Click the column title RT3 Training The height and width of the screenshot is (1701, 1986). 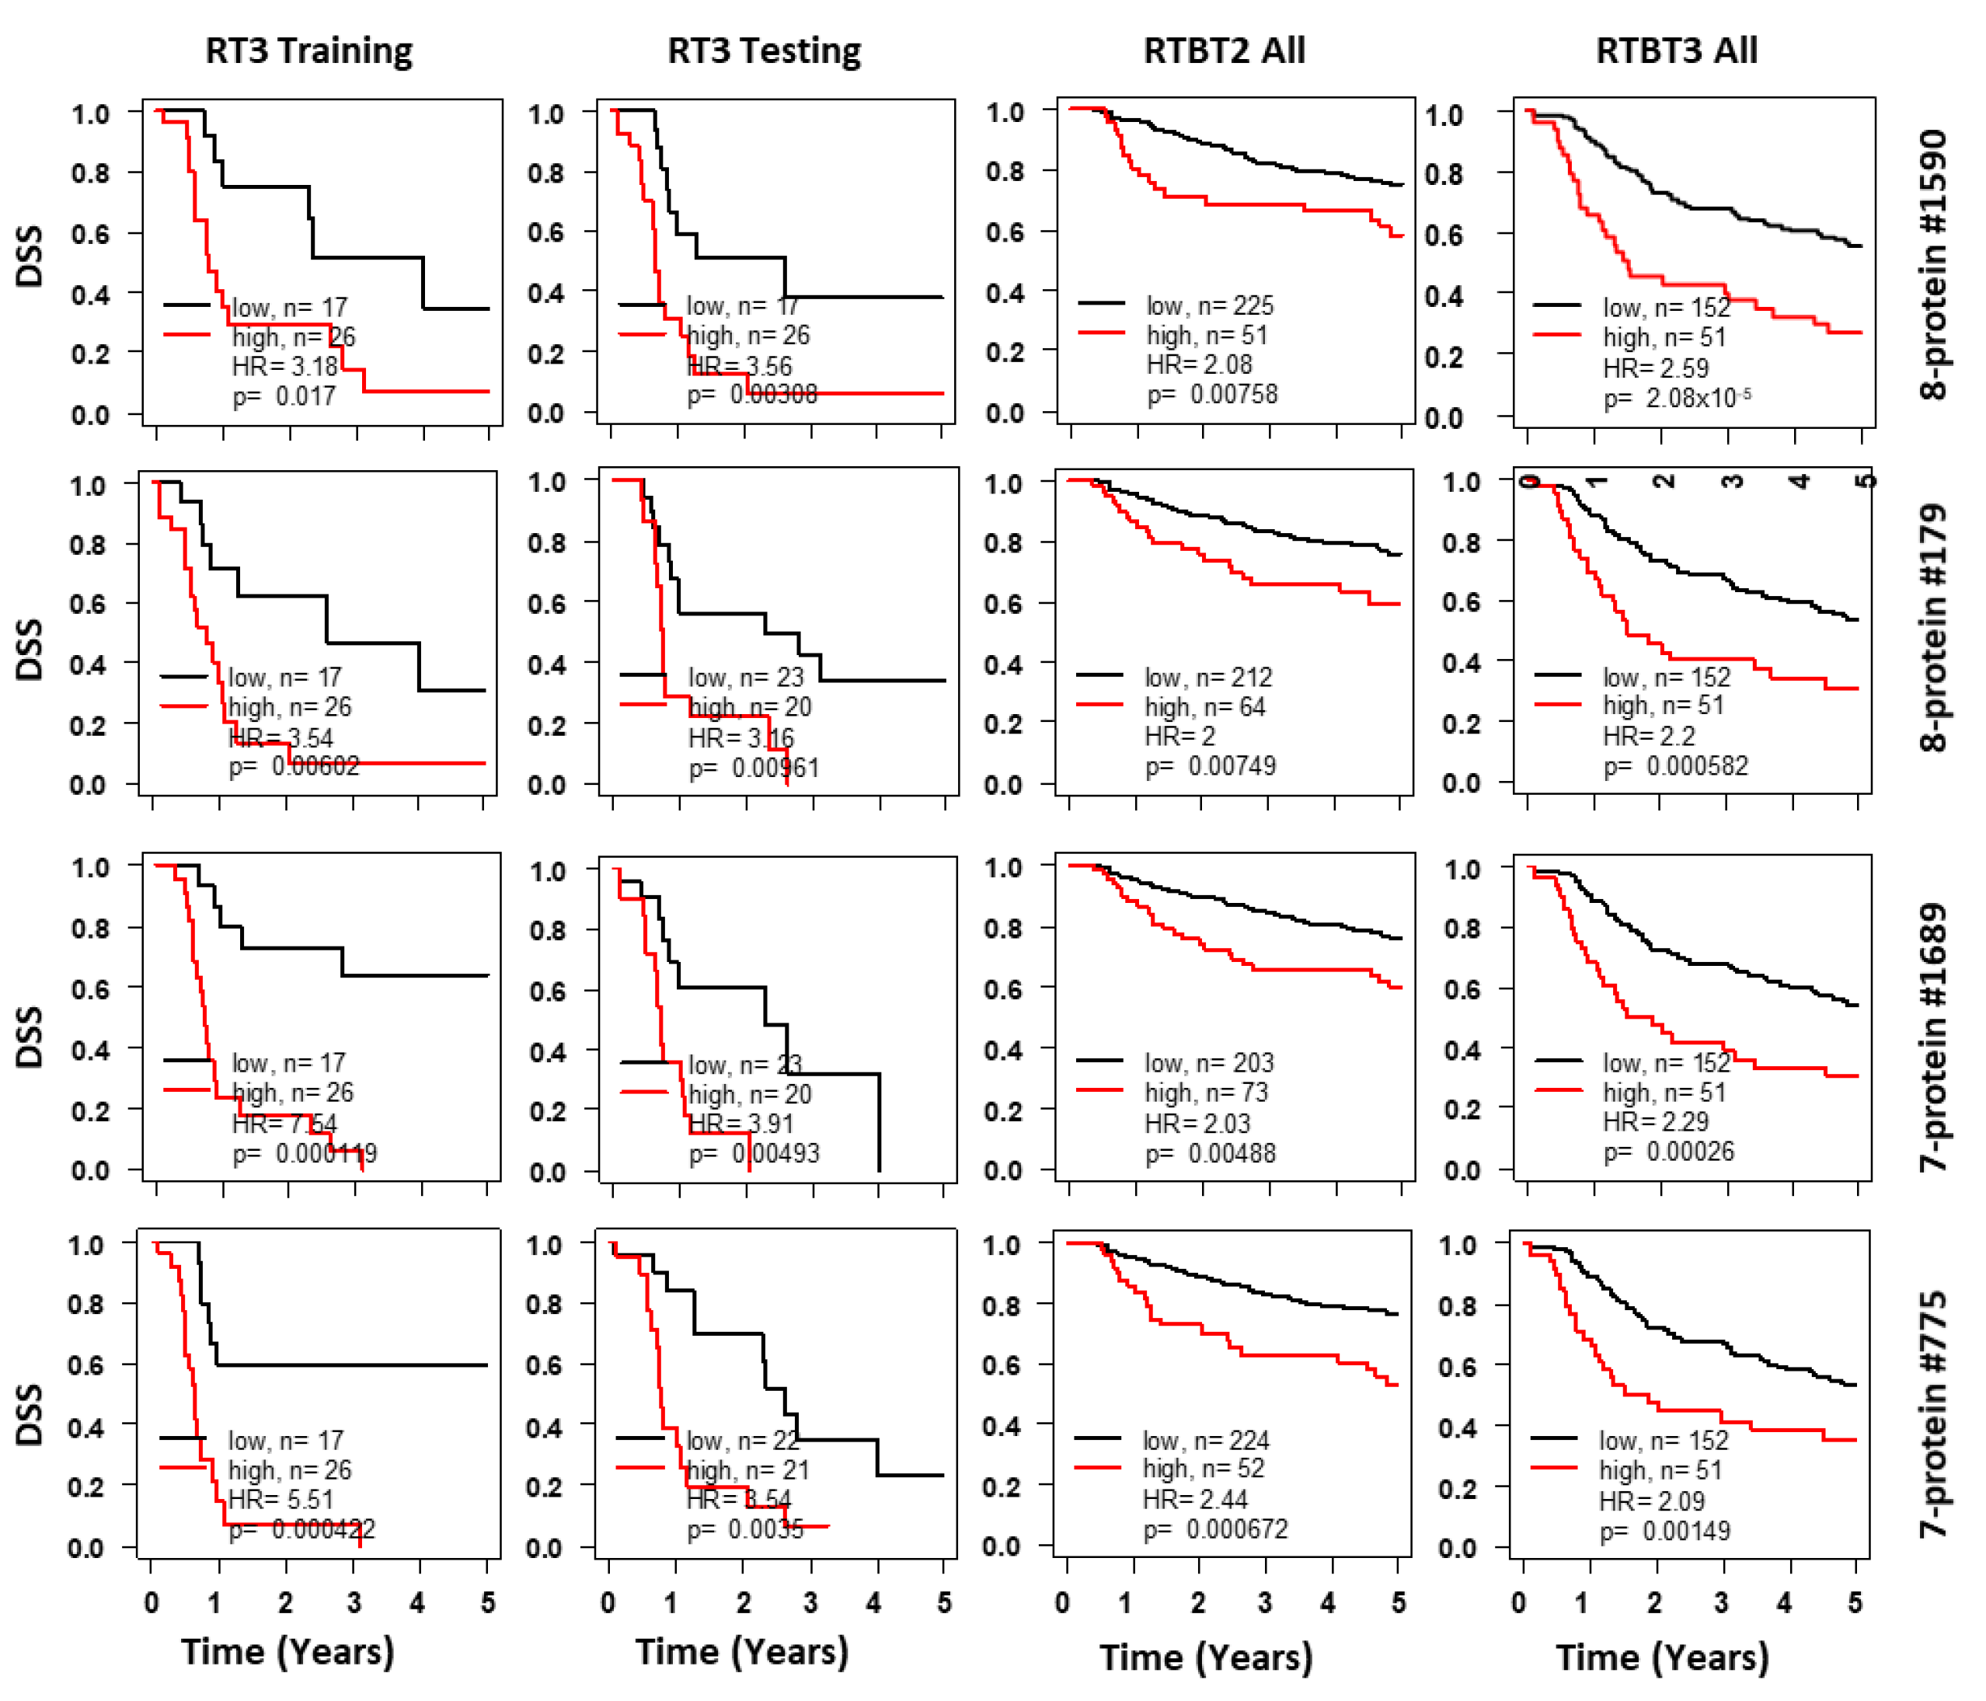tap(308, 50)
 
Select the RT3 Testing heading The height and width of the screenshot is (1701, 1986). tap(764, 50)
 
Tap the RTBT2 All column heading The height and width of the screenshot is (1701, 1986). tap(1224, 50)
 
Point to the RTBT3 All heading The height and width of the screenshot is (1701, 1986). tap(1677, 50)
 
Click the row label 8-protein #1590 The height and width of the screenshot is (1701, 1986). tap(1934, 263)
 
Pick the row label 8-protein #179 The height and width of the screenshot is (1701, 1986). tap(1934, 628)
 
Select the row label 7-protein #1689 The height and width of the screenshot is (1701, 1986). tap(1934, 1037)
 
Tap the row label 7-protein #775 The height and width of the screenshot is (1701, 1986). tap(1934, 1414)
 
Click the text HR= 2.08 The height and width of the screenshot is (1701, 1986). tap(1199, 364)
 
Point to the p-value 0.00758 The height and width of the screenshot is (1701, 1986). tap(1212, 394)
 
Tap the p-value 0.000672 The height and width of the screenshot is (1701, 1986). tap(1215, 1528)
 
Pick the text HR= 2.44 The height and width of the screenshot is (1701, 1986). tap(1195, 1499)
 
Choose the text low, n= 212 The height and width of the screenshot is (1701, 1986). tap(1207, 677)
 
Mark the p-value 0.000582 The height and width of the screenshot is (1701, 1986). tap(1675, 765)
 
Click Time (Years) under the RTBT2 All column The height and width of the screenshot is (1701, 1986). tap(1205, 1657)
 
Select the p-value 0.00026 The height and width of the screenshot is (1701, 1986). tap(1669, 1151)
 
